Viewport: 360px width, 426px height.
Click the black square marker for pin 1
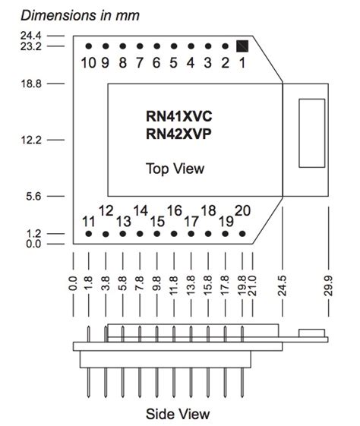tap(242, 46)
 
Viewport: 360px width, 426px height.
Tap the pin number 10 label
tap(89, 62)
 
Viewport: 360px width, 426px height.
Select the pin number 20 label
tap(243, 211)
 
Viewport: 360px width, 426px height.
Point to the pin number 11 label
tap(89, 221)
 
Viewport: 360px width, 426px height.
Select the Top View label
tap(175, 168)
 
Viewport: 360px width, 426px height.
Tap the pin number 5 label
tap(174, 62)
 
